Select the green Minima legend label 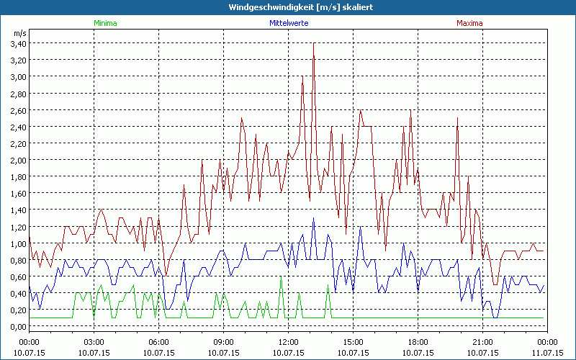[105, 23]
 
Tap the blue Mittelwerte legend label [288, 23]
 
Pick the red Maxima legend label [469, 23]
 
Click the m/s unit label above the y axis [19, 33]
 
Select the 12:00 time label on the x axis [288, 343]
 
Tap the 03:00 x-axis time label [94, 343]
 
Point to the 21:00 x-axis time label [482, 343]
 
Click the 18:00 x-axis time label [418, 343]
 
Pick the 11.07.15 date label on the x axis [547, 353]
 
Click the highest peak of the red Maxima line [314, 44]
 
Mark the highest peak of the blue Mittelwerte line [313, 218]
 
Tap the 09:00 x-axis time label [223, 343]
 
